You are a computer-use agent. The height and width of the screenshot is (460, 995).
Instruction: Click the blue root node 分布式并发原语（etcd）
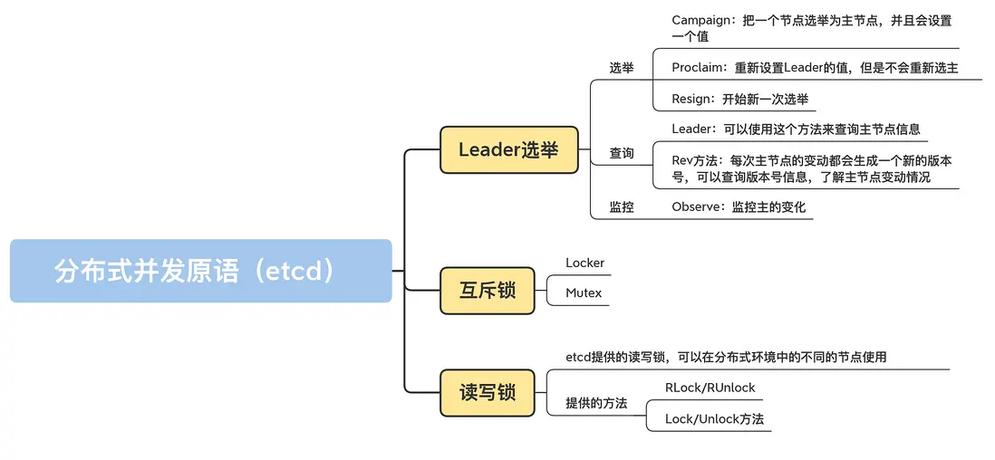[200, 271]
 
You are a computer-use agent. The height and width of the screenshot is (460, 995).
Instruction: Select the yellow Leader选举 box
[508, 149]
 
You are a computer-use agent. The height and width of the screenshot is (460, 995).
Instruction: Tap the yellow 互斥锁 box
[487, 290]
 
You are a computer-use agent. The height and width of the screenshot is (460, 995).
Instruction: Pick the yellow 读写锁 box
[487, 392]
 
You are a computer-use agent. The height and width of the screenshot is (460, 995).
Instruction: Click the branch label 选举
[622, 68]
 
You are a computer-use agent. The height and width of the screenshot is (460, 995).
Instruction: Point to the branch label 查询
[622, 154]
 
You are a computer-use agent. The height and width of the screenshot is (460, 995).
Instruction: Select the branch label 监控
[622, 207]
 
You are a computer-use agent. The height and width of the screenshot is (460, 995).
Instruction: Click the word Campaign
[701, 20]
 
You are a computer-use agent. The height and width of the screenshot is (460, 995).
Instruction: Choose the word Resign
[692, 100]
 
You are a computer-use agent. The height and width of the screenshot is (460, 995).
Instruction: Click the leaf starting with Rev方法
[811, 168]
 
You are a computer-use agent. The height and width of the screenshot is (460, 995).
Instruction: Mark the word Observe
[697, 207]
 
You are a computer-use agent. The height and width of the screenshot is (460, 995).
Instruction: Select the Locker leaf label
[584, 263]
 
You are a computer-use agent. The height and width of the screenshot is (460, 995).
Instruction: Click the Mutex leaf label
[583, 293]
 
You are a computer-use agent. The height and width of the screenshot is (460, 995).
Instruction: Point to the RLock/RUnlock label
[710, 388]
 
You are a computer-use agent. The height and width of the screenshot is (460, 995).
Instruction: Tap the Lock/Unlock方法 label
[714, 419]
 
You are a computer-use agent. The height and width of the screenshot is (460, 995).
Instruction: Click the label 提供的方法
[596, 403]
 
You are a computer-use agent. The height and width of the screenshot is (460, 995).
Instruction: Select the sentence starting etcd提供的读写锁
[725, 357]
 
